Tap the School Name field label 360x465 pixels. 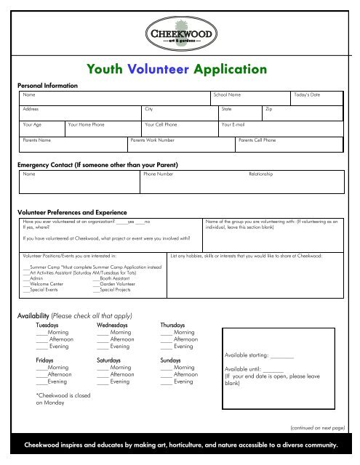tap(227, 95)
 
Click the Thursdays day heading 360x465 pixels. tap(174, 325)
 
